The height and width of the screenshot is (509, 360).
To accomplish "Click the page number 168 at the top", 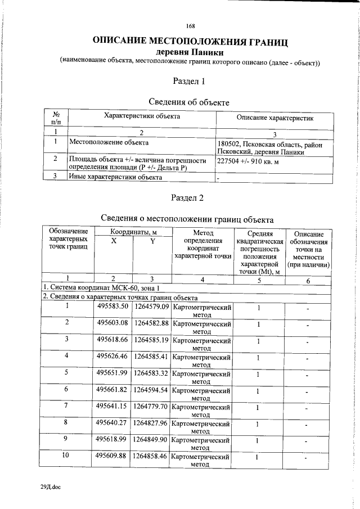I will (190, 26).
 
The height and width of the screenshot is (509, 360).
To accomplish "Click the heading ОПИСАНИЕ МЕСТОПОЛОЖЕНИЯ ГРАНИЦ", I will (190, 42).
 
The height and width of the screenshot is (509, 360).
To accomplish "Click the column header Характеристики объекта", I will (142, 116).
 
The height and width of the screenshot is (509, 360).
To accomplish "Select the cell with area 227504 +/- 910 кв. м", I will (249, 162).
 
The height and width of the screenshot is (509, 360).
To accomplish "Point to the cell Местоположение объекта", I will (109, 143).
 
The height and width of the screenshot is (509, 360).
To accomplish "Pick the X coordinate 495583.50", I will (112, 307).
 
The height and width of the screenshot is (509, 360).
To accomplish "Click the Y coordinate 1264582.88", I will (150, 323).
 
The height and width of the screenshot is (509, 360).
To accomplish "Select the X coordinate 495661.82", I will (112, 389).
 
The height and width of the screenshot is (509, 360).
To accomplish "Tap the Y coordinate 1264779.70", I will (150, 406).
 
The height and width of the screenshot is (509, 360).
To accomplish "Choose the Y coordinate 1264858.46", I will (150, 456).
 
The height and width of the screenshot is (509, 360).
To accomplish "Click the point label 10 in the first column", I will (66, 456).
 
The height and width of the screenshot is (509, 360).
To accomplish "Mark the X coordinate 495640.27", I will (112, 422).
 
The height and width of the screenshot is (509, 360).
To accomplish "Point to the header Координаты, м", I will (132, 232).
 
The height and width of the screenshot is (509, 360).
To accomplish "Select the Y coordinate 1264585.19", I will (150, 340).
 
